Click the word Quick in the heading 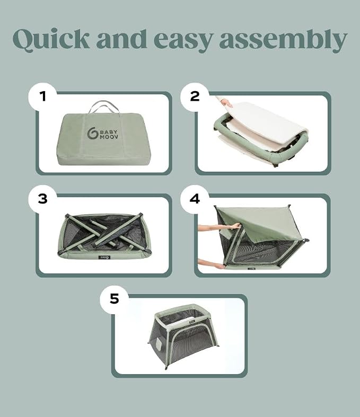pyautogui.click(x=51, y=39)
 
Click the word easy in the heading pyautogui.click(x=183, y=40)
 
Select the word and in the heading pyautogui.click(x=121, y=39)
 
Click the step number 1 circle pyautogui.click(x=42, y=96)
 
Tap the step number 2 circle pyautogui.click(x=195, y=96)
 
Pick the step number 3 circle pyautogui.click(x=42, y=199)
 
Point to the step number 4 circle pyautogui.click(x=195, y=199)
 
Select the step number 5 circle pyautogui.click(x=114, y=299)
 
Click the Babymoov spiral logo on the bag pyautogui.click(x=92, y=133)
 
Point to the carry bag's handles pyautogui.click(x=103, y=107)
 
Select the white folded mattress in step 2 pyautogui.click(x=264, y=123)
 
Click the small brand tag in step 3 pyautogui.click(x=104, y=257)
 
